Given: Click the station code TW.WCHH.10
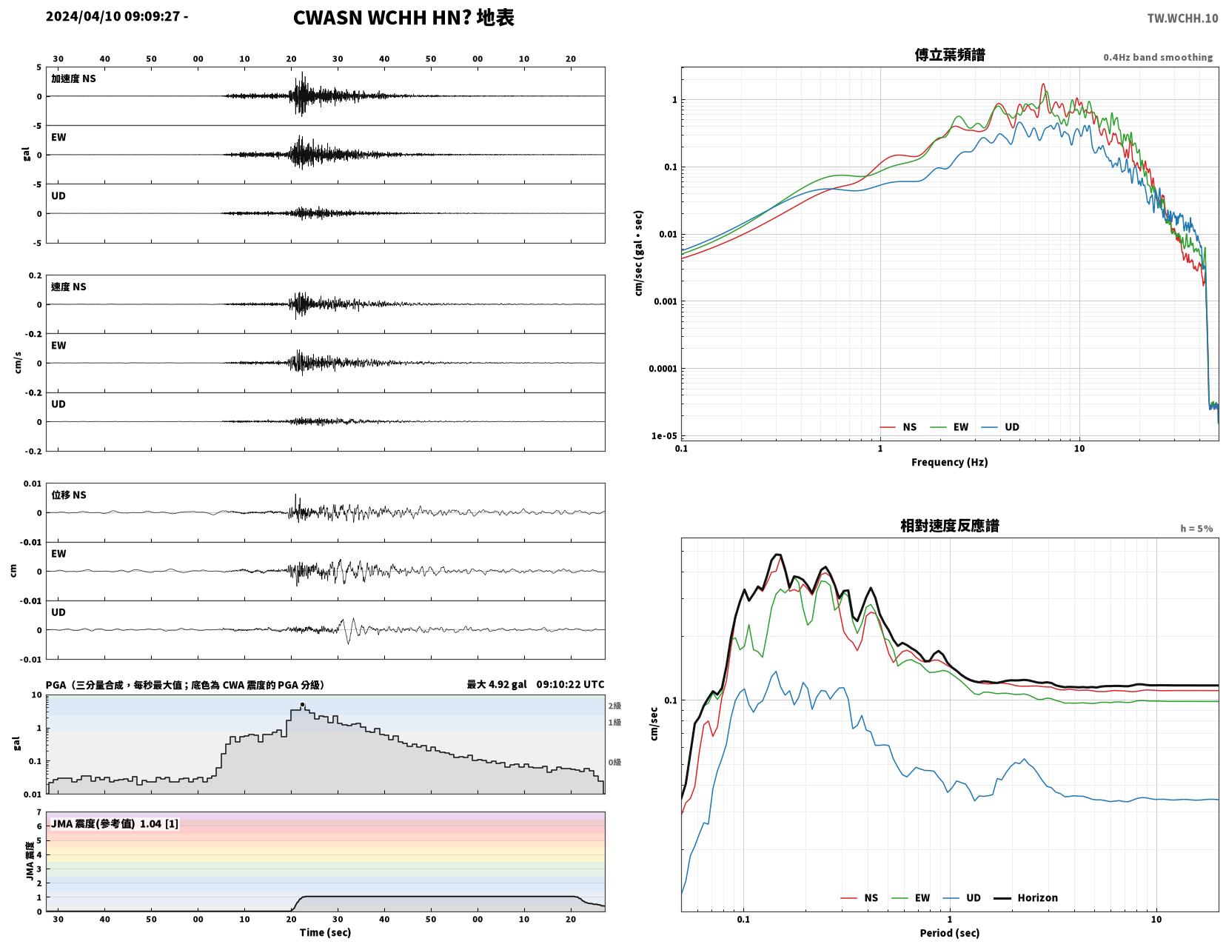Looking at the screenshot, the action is (1182, 18).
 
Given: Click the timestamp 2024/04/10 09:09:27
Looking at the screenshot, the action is (113, 16).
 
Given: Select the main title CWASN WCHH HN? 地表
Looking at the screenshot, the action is (403, 18).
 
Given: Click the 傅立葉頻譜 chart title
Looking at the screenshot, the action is (950, 55).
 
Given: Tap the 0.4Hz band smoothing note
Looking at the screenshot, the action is (1158, 57).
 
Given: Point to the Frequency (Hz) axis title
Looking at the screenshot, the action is (950, 462).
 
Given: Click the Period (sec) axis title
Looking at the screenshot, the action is (950, 933).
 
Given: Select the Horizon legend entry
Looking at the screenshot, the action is (1025, 898).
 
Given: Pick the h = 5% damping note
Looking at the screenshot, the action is (1196, 529).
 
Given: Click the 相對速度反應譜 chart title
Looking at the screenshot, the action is (950, 526).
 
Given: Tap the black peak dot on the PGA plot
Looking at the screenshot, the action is (302, 705).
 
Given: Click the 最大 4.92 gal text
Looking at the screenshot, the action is (497, 684).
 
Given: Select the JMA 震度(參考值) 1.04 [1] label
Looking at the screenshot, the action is (115, 824).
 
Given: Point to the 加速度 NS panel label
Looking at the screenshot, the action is (73, 78).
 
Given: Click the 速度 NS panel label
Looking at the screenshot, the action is (69, 287).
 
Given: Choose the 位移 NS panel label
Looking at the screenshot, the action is (69, 495).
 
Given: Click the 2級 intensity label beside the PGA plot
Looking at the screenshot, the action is (614, 706).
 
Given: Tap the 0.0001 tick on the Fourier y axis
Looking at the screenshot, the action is (663, 369).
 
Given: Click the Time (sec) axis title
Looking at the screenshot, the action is (325, 932).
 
